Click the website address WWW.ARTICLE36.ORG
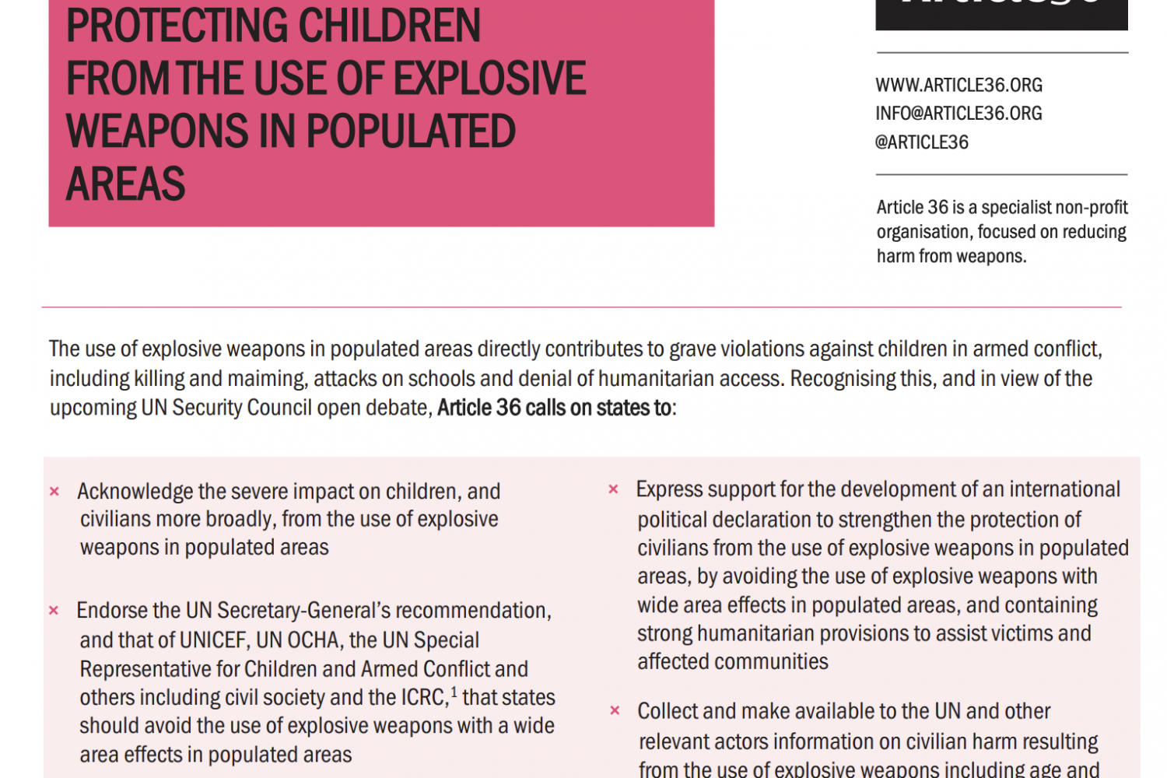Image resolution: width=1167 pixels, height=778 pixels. pos(958,85)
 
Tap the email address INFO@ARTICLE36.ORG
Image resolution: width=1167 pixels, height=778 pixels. pos(958,114)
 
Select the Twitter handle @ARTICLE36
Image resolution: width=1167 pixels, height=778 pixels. pos(922,142)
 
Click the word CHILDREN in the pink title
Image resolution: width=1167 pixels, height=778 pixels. pos(390,26)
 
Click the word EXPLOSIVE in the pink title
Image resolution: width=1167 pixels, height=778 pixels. pos(489,79)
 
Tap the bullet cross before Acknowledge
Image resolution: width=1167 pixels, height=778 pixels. pos(54,492)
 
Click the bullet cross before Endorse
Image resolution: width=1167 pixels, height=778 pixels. pos(54,611)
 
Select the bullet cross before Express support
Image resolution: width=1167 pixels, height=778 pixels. pos(613,489)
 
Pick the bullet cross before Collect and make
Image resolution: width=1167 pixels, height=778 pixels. pos(615,710)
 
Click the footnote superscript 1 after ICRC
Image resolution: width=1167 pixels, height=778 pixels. pos(454,691)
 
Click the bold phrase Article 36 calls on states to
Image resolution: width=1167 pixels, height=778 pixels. pos(555,408)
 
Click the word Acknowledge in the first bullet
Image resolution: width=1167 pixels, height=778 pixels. pos(135,492)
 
